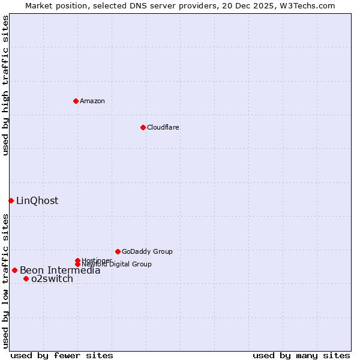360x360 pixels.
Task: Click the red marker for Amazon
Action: point(76,101)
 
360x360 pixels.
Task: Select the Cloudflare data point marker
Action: point(143,127)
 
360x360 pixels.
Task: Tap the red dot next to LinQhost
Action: point(11,200)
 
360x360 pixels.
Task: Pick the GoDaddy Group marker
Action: point(118,251)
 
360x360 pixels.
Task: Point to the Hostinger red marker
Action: point(77,260)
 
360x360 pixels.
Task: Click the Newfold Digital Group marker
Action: point(78,264)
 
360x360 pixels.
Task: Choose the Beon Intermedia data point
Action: point(14,270)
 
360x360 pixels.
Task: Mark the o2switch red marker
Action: point(26,278)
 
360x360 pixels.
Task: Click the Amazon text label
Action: point(92,101)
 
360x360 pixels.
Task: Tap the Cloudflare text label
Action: point(163,127)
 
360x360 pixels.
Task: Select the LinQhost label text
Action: point(37,200)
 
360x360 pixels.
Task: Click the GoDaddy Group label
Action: point(147,251)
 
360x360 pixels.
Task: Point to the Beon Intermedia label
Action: point(60,270)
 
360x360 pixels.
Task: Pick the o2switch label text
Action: point(52,278)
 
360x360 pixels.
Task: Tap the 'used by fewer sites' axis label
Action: point(62,355)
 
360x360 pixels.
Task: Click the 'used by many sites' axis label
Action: point(301,355)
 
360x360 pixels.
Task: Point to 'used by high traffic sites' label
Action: point(5,85)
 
